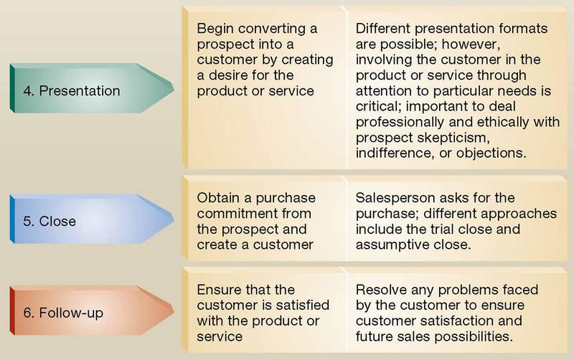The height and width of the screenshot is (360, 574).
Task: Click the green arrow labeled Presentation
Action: (x=92, y=88)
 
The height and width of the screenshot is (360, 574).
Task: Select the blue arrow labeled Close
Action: (x=92, y=219)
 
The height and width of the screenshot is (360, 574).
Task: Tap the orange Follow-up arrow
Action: (x=92, y=311)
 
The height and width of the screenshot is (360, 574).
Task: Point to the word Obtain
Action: (x=218, y=198)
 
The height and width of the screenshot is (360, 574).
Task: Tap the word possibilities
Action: (x=475, y=336)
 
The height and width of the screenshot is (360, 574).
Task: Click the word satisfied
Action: (x=298, y=305)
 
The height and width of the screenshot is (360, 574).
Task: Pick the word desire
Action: (x=225, y=75)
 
